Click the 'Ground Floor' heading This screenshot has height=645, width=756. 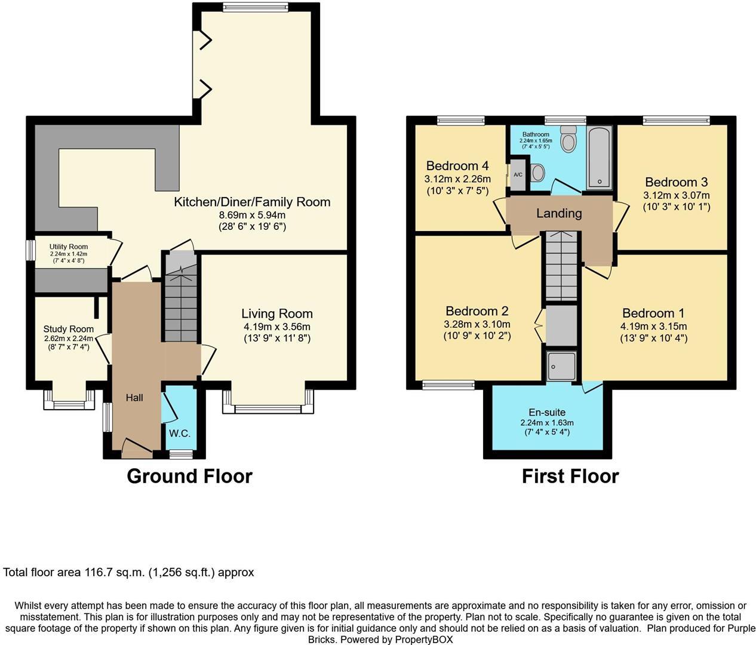pos(189,476)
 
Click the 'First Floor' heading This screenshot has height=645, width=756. pos(570,476)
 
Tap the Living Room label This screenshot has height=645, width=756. pos(276,314)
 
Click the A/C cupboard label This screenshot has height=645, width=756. pos(518,175)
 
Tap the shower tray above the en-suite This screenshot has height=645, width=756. pos(561,365)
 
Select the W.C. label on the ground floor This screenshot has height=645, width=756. pos(179,433)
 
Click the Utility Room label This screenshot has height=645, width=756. pos(69,247)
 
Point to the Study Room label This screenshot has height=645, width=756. pos(68,329)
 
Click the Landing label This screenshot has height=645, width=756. pos(558,213)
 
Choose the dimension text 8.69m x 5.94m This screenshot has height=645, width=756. pos(252,215)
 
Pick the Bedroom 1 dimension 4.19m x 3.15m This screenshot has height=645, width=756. pos(653,327)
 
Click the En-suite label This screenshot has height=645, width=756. pos(546,412)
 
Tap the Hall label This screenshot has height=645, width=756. pos(134,398)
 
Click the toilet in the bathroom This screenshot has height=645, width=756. pos(568,140)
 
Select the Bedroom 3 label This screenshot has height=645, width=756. pos(676,182)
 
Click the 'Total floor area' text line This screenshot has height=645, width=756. pos(128,572)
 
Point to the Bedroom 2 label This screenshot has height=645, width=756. pos(477,311)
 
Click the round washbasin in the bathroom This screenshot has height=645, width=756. pos(537,173)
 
